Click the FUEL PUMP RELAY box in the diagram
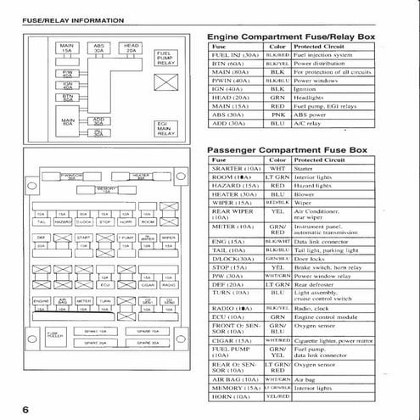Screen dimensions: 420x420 (166, 58)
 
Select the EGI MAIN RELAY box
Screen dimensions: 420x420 (166, 128)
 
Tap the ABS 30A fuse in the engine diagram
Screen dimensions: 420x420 (99, 48)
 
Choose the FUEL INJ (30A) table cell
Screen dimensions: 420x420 (232, 55)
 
